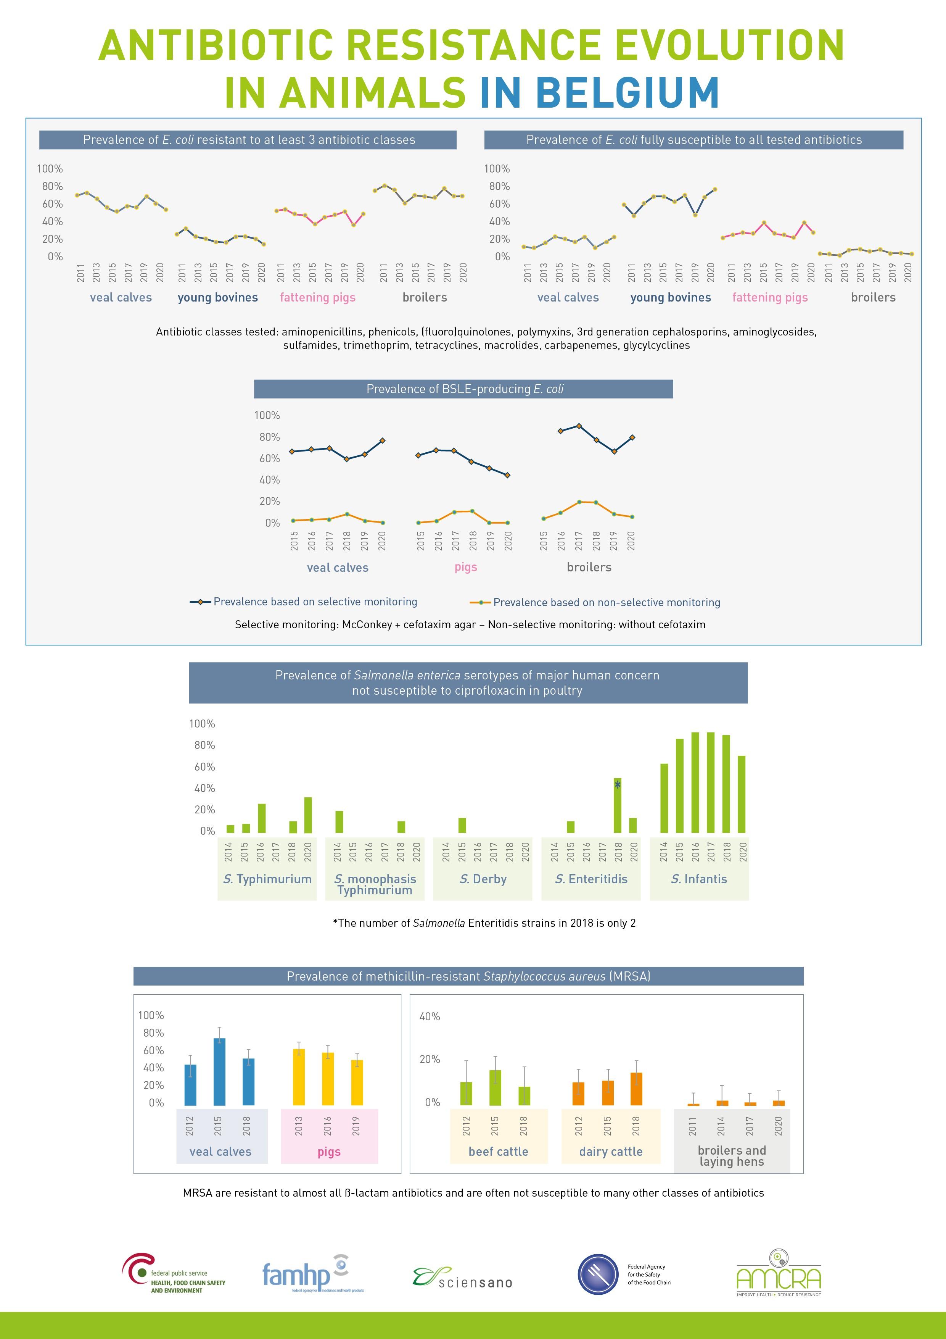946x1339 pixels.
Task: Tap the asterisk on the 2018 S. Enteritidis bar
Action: pos(617,786)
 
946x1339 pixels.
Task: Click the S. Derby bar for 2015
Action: pos(462,825)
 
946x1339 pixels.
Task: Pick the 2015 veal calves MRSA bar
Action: pos(219,1071)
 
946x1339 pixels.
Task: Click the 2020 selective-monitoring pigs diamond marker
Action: pos(507,475)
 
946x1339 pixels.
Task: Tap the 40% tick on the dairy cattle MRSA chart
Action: pos(430,1016)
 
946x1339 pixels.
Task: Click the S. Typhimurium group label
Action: pos(267,879)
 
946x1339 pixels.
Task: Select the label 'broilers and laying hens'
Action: pos(732,1155)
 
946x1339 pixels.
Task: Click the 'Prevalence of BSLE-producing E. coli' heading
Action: pos(463,389)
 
